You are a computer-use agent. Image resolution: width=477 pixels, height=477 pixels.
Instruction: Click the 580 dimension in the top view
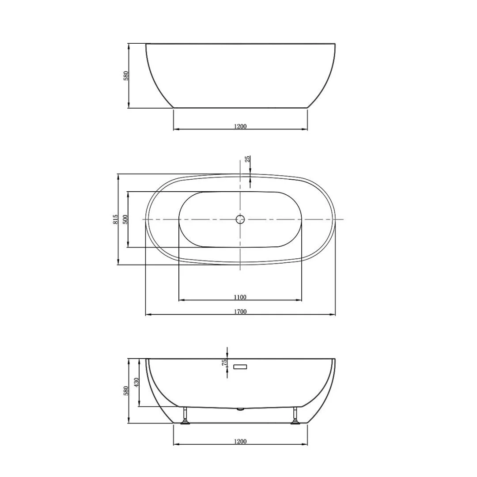(126, 76)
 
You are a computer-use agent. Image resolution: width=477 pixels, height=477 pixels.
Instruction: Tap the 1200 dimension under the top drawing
(240, 126)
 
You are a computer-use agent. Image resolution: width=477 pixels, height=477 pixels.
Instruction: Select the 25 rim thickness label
(248, 159)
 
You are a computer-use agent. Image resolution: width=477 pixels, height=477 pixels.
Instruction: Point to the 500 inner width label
(125, 220)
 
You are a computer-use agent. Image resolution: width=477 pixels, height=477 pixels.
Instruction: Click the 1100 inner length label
(240, 297)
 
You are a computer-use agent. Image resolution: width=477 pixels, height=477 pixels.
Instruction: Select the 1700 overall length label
(240, 311)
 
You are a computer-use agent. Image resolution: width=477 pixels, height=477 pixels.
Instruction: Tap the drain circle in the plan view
(240, 219)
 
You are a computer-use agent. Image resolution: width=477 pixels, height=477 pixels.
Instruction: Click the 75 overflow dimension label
(224, 362)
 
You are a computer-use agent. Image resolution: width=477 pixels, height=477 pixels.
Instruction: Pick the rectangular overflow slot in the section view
(240, 367)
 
